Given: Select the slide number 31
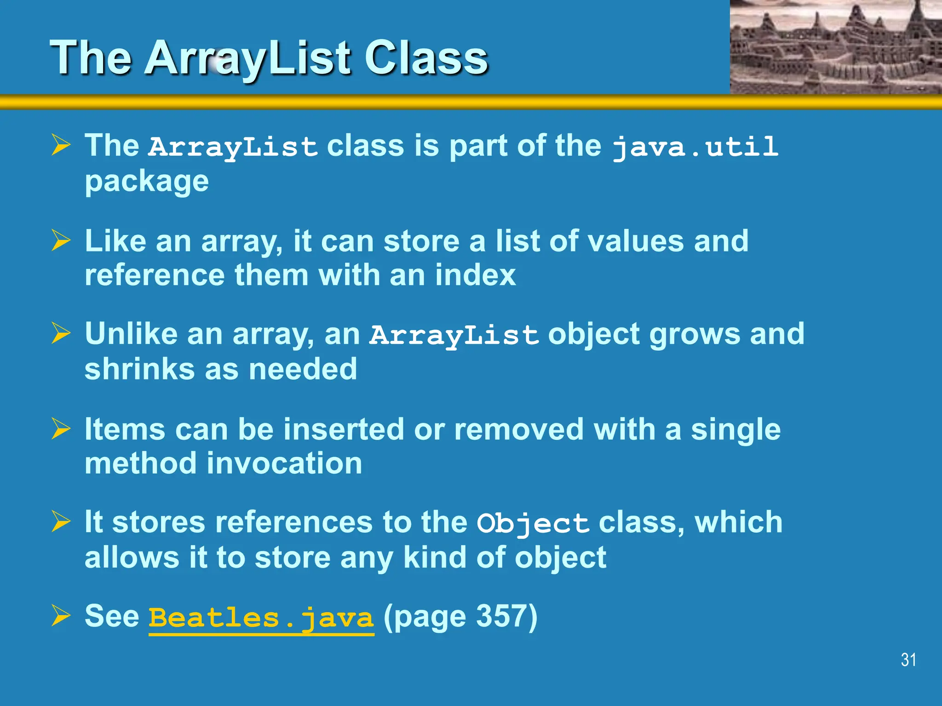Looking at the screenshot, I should pos(908,660).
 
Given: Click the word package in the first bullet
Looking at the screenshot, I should pos(147,182).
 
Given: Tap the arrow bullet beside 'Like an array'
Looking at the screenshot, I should pos(61,240).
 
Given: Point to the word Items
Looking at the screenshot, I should pos(125,430).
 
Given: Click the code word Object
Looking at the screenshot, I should pos(533,524).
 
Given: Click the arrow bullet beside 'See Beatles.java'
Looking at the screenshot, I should pos(61,616).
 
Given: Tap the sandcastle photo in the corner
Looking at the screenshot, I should pos(836,47).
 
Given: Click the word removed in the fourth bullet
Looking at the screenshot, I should pos(518,430).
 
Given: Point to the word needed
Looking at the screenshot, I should pos(303,370).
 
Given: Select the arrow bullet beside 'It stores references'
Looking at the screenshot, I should pos(61,522).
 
